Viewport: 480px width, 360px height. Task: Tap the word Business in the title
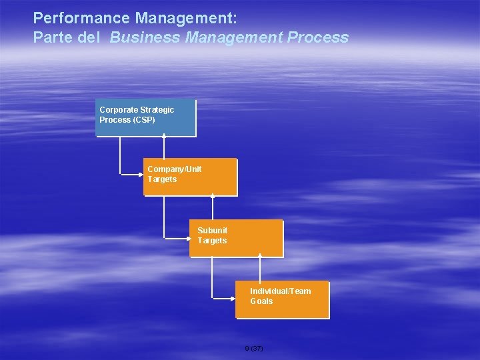click(x=145, y=37)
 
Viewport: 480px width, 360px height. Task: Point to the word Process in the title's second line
click(x=318, y=37)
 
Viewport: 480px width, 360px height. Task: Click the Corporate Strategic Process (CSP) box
click(x=146, y=117)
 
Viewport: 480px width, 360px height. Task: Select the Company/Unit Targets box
click(x=190, y=177)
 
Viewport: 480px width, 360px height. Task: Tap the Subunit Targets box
click(x=237, y=238)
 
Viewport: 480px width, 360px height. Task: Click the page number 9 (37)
click(x=254, y=349)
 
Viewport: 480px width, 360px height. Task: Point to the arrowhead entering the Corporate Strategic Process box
click(x=164, y=135)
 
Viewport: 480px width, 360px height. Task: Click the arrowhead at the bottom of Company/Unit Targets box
click(x=212, y=195)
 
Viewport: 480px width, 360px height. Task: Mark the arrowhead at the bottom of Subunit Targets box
click(x=259, y=256)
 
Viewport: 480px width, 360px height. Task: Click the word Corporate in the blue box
click(x=119, y=109)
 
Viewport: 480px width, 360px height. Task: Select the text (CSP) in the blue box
click(x=144, y=120)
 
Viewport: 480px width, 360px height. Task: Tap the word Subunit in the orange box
click(x=212, y=231)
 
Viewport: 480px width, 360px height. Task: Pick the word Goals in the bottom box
click(x=261, y=301)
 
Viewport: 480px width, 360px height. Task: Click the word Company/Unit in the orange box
click(x=174, y=169)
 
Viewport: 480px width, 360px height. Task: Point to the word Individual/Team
click(x=280, y=291)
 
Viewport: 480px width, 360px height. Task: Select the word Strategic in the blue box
click(x=157, y=109)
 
